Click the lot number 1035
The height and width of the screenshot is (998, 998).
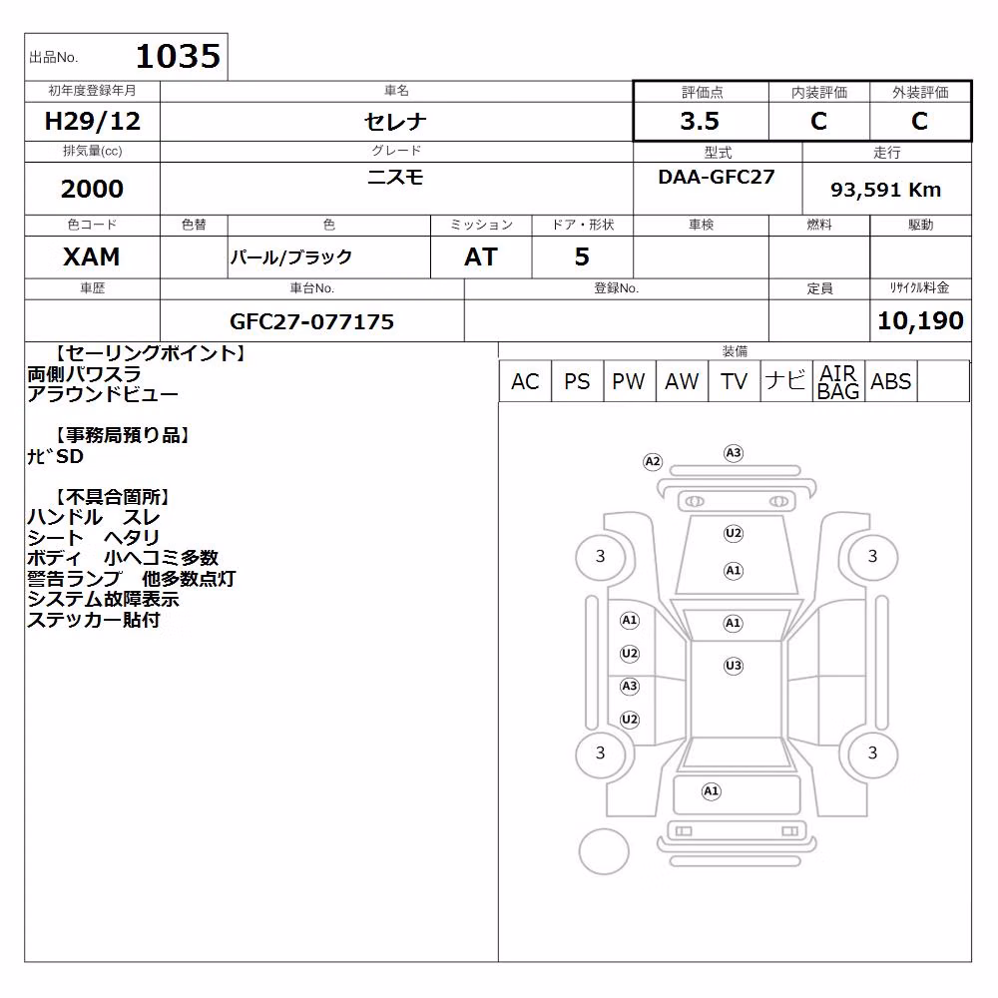coord(179,56)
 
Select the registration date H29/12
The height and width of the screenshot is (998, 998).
coord(92,121)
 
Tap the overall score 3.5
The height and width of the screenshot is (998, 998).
coord(700,121)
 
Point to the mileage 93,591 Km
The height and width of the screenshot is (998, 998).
coord(885,190)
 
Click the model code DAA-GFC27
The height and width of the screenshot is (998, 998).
coord(717,177)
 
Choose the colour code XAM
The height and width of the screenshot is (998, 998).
coord(92,256)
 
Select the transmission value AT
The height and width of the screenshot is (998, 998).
coord(481,256)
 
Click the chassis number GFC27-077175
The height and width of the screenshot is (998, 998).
coord(311,321)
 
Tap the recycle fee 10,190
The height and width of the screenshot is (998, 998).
coord(920,320)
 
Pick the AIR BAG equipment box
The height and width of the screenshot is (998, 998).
coord(838,381)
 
